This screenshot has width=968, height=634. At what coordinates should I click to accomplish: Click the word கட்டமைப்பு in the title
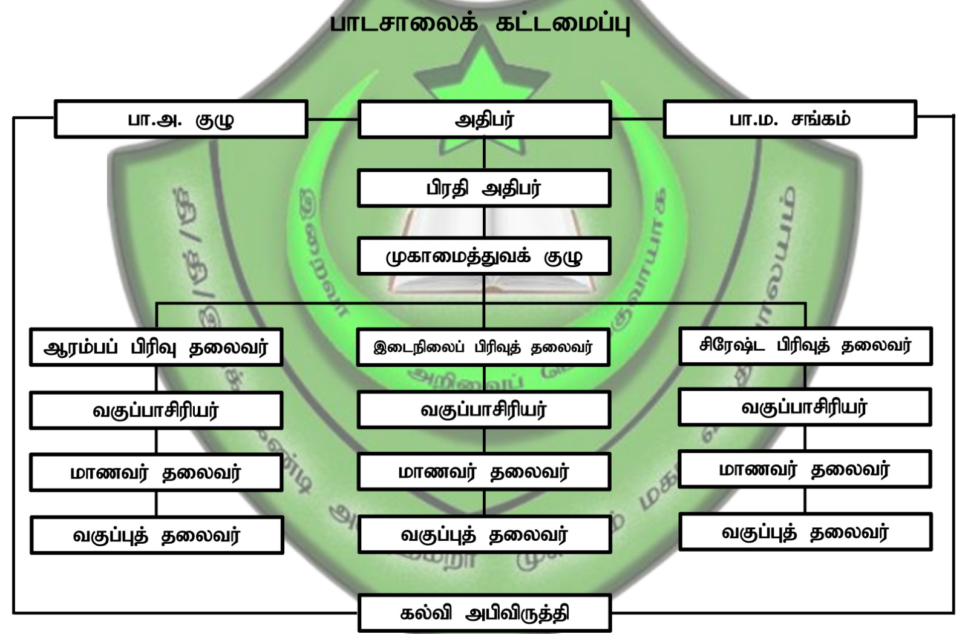[562, 24]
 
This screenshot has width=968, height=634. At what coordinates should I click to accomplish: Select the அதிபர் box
[484, 119]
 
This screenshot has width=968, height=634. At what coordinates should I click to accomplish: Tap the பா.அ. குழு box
[181, 119]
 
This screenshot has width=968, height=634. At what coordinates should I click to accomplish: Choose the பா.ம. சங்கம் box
[790, 119]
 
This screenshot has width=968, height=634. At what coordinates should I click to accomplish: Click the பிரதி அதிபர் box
[484, 188]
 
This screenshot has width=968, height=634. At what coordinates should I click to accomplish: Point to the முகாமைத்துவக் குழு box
[484, 256]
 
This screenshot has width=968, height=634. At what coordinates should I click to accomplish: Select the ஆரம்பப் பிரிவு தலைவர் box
[156, 348]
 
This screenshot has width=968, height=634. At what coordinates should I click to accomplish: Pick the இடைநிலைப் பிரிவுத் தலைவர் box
[483, 348]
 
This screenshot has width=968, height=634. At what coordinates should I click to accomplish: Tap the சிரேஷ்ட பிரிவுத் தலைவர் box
[805, 346]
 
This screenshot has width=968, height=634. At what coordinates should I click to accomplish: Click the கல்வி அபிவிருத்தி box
[485, 613]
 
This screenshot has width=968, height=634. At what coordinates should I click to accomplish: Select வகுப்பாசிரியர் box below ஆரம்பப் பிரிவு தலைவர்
[156, 411]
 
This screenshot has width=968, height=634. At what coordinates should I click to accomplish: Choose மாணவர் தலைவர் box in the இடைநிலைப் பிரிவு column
[484, 472]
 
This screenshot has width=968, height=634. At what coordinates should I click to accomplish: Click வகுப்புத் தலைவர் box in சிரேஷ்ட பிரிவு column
[805, 532]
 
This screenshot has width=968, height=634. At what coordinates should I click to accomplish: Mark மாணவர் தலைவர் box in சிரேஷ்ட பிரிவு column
[805, 469]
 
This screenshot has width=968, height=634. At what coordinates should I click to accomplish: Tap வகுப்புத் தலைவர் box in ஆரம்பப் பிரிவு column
[157, 535]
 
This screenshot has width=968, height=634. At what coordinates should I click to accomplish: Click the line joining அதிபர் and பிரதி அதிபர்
[484, 154]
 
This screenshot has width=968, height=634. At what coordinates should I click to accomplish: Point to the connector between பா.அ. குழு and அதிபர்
[333, 119]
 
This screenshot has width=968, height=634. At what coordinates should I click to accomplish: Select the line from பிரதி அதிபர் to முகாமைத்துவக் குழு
[484, 222]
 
